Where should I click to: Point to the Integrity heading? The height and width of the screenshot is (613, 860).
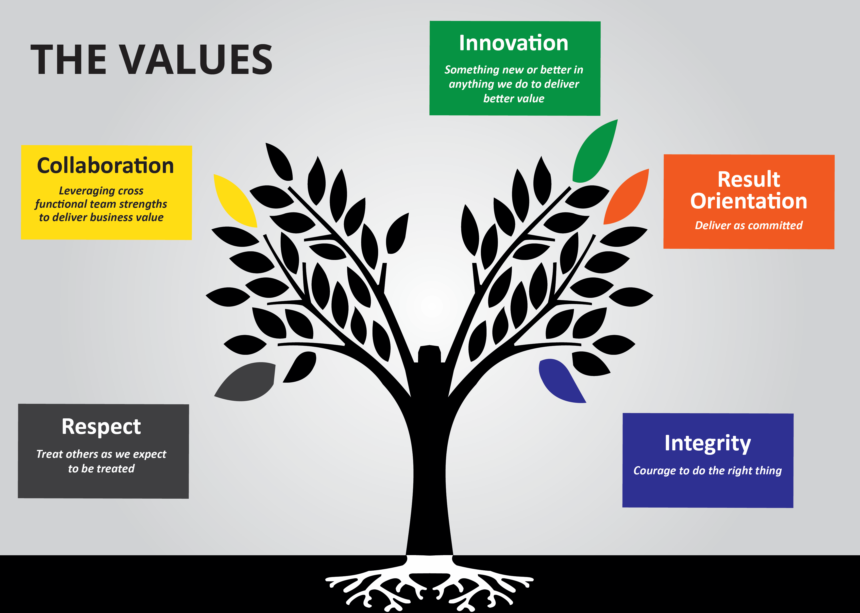(708, 443)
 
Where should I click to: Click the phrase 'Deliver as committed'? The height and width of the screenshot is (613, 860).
(749, 225)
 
